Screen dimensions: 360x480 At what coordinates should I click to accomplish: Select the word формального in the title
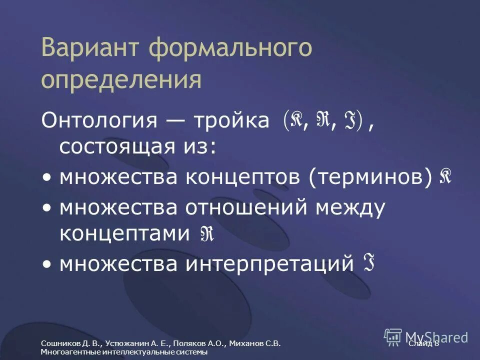[x=230, y=48]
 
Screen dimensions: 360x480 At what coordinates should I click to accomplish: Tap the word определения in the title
[x=122, y=80]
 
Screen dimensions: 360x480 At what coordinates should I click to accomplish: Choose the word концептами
[x=124, y=234]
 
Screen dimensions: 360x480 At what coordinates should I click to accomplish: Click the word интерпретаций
[x=269, y=263]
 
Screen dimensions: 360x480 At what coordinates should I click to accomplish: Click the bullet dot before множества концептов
[x=46, y=177]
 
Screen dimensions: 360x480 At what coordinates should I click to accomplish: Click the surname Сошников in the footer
[x=59, y=343]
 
